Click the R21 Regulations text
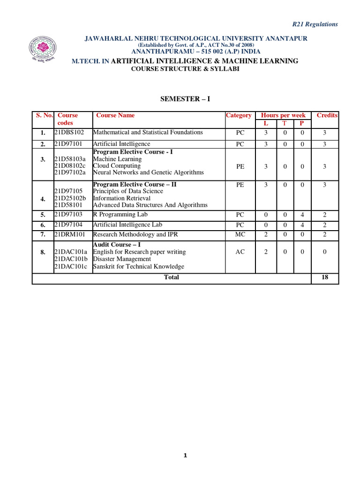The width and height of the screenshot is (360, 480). (x=315, y=24)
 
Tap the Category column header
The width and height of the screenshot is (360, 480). (x=239, y=115)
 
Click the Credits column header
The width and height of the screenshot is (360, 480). (x=327, y=115)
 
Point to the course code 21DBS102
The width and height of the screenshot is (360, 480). (x=69, y=132)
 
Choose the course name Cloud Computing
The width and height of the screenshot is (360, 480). (x=117, y=166)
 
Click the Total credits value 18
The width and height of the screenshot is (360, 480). (x=324, y=277)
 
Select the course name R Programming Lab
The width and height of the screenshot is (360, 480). (x=120, y=215)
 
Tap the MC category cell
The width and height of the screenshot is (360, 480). (x=240, y=234)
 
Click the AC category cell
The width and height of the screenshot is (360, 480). (x=240, y=252)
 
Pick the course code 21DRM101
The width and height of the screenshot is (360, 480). (x=70, y=234)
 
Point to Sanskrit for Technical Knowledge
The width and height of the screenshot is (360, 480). (x=138, y=266)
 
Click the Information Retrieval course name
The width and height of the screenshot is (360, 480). (x=122, y=198)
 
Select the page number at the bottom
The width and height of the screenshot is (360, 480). (x=185, y=456)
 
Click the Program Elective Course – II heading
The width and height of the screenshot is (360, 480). (x=135, y=185)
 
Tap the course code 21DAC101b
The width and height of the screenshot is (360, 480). (x=71, y=259)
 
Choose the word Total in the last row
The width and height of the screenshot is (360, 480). (x=171, y=277)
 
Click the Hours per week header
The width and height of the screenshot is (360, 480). (x=283, y=115)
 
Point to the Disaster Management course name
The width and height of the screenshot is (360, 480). (x=122, y=259)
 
